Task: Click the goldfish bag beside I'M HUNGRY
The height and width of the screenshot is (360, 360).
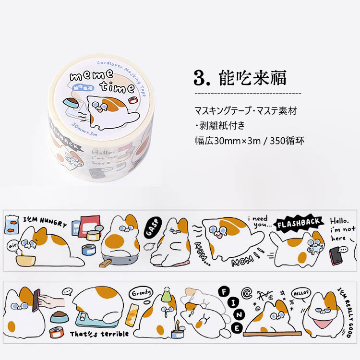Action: point(11,224)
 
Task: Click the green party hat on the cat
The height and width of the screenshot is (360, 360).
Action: point(167,296)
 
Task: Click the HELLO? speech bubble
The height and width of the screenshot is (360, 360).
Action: point(302,292)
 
